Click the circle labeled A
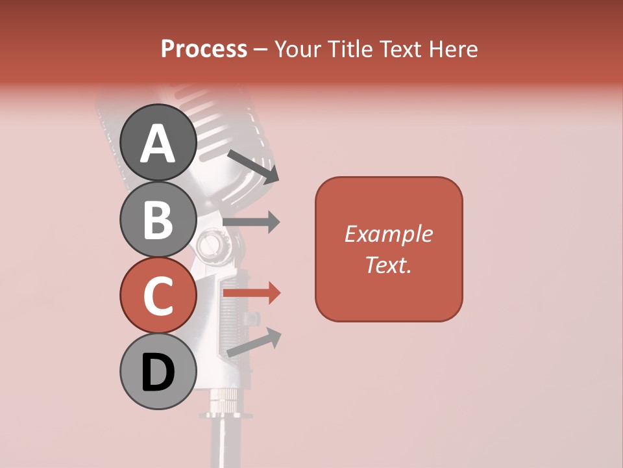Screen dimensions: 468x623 point(158,142)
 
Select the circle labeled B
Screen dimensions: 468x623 point(158,219)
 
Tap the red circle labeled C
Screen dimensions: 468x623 point(158,296)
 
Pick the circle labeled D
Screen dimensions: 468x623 point(158,372)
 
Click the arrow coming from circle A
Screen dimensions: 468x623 point(253,166)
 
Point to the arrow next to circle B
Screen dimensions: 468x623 point(251,222)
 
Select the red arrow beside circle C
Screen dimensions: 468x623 point(251,292)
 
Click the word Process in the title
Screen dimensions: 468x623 point(204,49)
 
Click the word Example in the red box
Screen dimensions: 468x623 point(389,234)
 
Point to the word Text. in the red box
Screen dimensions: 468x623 point(389,265)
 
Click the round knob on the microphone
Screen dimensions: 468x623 point(210,245)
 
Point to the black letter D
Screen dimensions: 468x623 point(158,372)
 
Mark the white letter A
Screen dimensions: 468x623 point(158,143)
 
